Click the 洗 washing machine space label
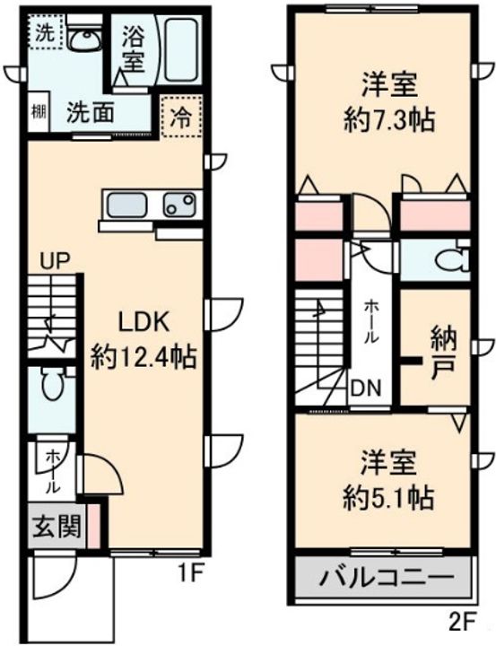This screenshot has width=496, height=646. coord(44,33)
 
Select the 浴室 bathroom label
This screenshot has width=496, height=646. coord(134,49)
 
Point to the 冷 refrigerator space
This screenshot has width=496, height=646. coord(181,117)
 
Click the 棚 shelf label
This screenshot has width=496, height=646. coord(39,111)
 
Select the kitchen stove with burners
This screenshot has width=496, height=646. coord(179,205)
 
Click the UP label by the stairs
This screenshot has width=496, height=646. coord(56,261)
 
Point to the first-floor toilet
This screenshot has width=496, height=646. coord(52,383)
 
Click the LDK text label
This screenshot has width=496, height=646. coord(144,323)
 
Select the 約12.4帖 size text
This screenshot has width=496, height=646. coord(143,358)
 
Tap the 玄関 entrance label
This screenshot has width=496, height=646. coord(57,527)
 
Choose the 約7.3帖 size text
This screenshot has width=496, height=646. coord(389,121)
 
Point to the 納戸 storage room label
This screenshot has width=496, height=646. coord(444,353)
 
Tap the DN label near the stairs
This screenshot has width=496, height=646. coord(366,388)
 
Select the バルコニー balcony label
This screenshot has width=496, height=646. coord(387,576)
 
